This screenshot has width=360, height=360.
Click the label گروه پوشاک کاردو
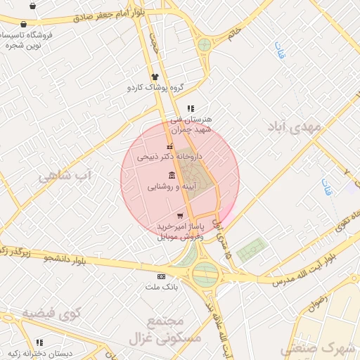tap(155, 88)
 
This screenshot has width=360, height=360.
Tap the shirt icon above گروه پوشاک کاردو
tap(155, 77)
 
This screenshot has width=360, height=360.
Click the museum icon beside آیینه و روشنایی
tap(172, 175)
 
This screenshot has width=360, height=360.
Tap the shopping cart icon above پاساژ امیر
tap(180, 215)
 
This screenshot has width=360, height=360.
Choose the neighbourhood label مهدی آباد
tap(293, 128)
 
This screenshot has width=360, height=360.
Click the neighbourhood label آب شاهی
tap(65, 175)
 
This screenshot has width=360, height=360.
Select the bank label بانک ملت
tap(162, 288)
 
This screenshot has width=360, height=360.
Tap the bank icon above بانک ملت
tap(161, 277)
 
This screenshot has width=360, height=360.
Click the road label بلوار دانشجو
tap(65, 258)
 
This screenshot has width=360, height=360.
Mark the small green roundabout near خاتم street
tap(204, 45)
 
